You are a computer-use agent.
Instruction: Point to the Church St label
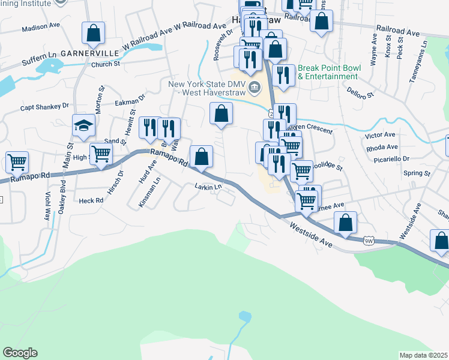tap(106, 64)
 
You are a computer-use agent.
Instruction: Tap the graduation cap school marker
tap(84, 125)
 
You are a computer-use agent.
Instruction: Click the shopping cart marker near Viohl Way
tap(17, 161)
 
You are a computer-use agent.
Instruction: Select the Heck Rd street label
tap(91, 201)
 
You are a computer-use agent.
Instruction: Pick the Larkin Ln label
tap(208, 187)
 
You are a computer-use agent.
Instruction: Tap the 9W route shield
tap(369, 241)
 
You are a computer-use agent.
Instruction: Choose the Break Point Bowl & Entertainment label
tap(329, 72)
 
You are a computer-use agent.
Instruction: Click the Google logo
tap(20, 353)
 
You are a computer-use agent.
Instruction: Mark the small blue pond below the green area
tap(244, 316)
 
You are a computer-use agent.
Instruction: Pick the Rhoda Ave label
tap(384, 147)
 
